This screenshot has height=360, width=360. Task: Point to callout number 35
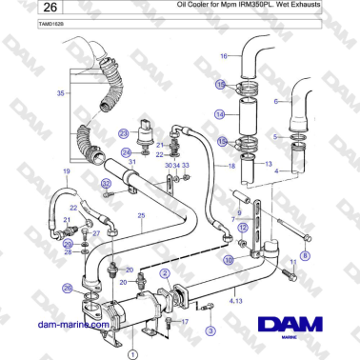pos(62,94)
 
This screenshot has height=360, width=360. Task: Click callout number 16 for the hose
pos(225,56)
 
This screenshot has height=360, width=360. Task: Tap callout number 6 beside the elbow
pos(275,99)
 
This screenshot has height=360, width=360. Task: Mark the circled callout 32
pos(106,183)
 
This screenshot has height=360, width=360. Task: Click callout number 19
pos(66,171)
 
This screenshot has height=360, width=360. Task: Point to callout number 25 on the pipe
pos(141,216)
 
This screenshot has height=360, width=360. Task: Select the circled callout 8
pos(305,256)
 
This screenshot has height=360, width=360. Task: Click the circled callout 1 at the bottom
pos(132,352)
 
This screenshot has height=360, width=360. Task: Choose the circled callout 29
pos(68,244)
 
